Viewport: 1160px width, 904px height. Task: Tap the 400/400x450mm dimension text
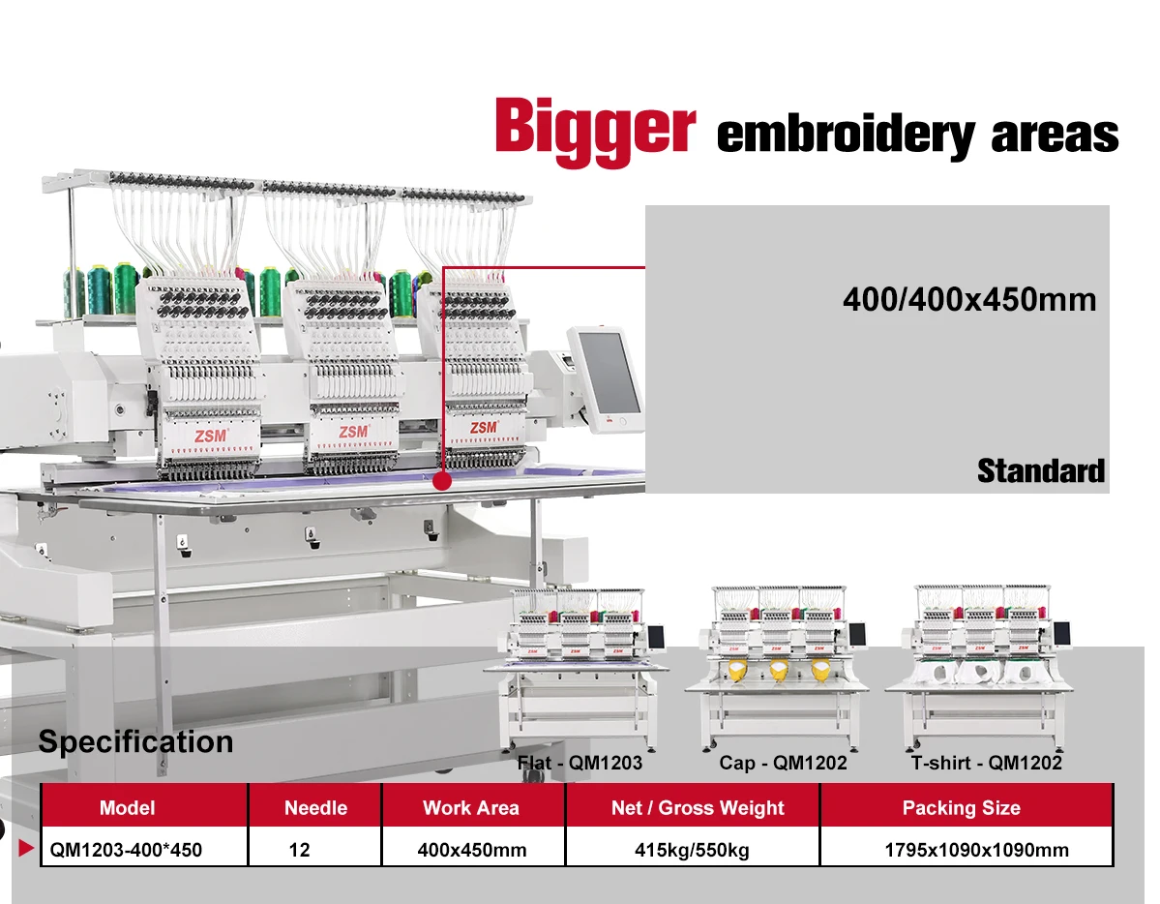969,299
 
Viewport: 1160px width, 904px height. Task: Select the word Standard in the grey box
1040,471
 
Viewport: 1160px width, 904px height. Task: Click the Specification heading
135,742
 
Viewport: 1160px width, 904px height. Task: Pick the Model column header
127,807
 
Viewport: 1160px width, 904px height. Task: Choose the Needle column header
315,807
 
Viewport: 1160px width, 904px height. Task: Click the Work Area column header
471,807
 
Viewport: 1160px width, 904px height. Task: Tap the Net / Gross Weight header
698,807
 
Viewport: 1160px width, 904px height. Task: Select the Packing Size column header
961,807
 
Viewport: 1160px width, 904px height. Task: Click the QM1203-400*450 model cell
126,851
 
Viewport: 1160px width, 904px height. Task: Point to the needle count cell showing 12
300,851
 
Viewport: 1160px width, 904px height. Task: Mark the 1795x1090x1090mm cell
977,851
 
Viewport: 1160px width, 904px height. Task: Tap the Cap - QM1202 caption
783,763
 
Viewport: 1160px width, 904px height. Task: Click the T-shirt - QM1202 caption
986,763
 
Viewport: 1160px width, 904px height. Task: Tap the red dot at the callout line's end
443,480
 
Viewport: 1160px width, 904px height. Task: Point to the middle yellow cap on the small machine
778,669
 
